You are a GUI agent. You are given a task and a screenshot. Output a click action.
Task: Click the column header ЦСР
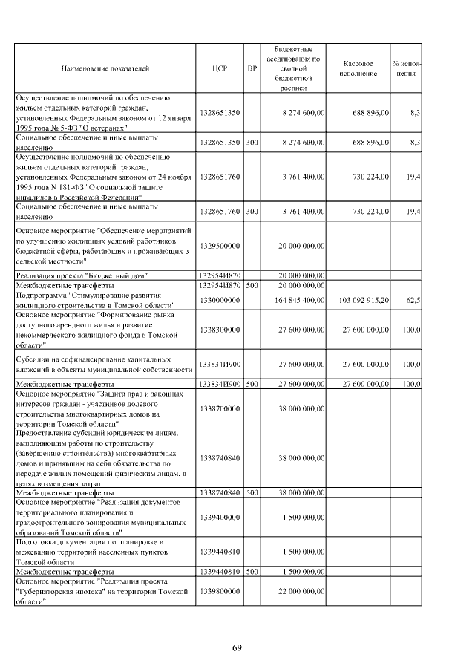(x=219, y=68)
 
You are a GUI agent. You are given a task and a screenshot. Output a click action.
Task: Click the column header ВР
(x=252, y=68)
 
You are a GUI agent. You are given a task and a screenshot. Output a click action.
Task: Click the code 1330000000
(x=220, y=299)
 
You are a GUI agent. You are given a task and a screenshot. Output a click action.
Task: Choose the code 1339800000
(x=220, y=591)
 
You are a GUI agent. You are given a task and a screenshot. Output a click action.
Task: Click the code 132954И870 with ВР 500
(x=220, y=284)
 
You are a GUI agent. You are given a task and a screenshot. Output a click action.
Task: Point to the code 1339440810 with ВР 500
(x=220, y=572)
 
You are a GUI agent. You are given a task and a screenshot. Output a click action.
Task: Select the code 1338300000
(x=220, y=330)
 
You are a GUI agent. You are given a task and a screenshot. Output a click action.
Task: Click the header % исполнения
(x=406, y=68)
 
